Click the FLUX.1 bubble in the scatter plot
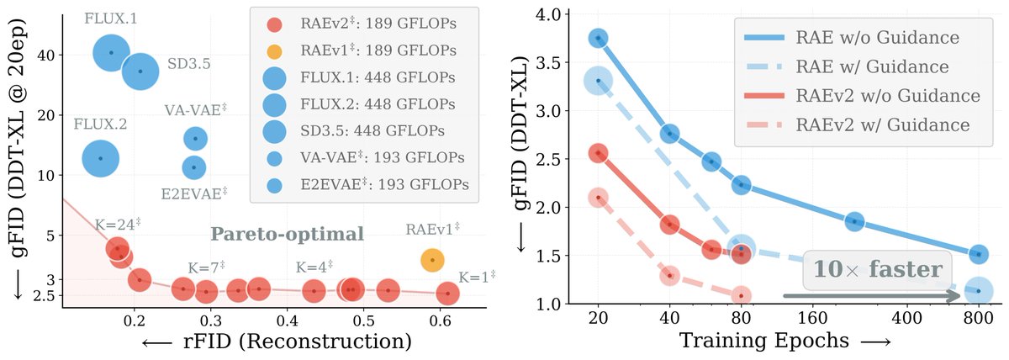click(111, 53)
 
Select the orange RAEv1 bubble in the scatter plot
click(432, 260)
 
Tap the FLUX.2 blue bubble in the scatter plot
click(100, 159)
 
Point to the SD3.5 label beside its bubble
click(188, 64)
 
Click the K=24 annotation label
click(117, 224)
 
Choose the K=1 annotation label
click(477, 277)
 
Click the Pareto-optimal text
click(287, 235)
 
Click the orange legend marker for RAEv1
click(274, 51)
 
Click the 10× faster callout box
click(878, 270)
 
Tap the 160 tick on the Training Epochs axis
click(812, 319)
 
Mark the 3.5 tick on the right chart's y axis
click(547, 62)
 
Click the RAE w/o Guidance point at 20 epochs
click(598, 39)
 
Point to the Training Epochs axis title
click(764, 341)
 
